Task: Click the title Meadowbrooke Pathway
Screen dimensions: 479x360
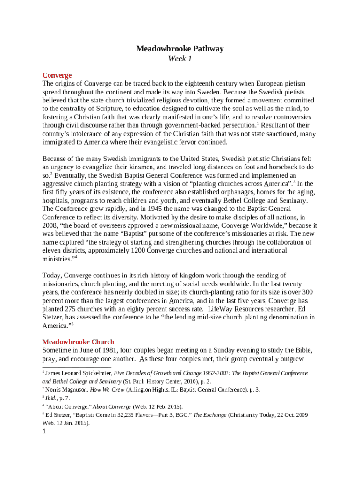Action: [180, 49]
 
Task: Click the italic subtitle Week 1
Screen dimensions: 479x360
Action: [180, 59]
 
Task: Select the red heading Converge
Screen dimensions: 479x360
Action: [57, 75]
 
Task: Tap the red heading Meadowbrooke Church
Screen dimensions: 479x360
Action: [78, 342]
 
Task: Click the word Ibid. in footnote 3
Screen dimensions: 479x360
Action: [51, 398]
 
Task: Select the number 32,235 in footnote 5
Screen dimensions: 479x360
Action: [138, 415]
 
